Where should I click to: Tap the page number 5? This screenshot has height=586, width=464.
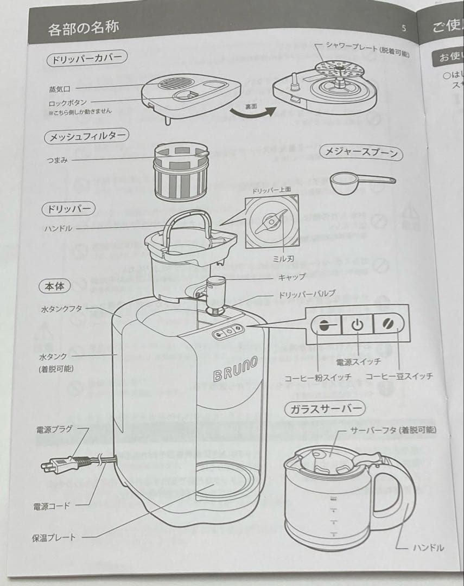[403, 29]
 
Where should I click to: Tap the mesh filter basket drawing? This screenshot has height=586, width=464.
[181, 172]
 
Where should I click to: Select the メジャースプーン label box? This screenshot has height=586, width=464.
[361, 154]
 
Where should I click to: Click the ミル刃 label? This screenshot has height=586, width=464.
[280, 259]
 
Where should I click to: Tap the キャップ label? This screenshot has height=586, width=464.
[291, 276]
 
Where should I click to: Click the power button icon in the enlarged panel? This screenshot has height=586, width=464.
[356, 325]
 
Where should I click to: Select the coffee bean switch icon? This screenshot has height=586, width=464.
[388, 324]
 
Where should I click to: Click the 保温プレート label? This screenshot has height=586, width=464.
[54, 537]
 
